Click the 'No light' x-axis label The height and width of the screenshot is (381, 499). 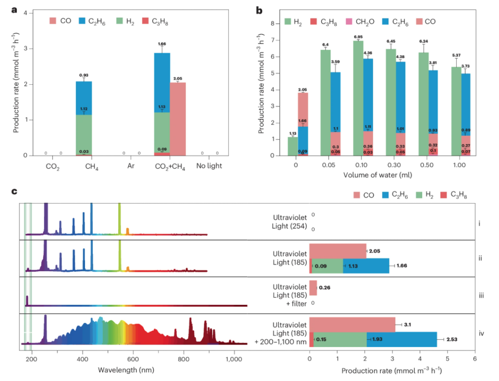tap(209, 167)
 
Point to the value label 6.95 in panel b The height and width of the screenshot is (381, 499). tap(357, 37)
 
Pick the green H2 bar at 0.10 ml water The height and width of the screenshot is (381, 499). tap(357, 98)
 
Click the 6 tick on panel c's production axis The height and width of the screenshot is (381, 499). tap(475, 358)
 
